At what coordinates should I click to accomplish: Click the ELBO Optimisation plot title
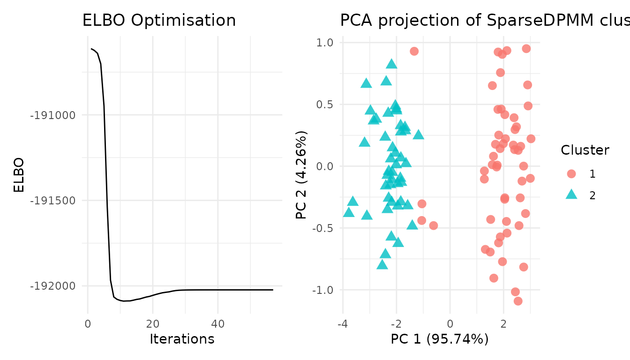159,21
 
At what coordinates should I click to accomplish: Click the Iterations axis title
182,339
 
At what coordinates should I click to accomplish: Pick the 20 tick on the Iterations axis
153,323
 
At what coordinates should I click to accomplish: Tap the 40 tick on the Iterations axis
217,323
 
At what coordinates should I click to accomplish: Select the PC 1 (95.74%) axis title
440,339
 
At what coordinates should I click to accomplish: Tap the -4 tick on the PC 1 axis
343,323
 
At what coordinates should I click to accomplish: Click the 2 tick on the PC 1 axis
503,323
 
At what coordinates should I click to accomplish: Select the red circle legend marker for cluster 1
571,174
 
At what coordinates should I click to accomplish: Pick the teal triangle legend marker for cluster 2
571,195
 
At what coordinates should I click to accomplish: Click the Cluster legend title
585,150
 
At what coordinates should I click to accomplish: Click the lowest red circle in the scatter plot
518,301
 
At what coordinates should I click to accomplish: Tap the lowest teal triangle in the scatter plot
382,265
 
